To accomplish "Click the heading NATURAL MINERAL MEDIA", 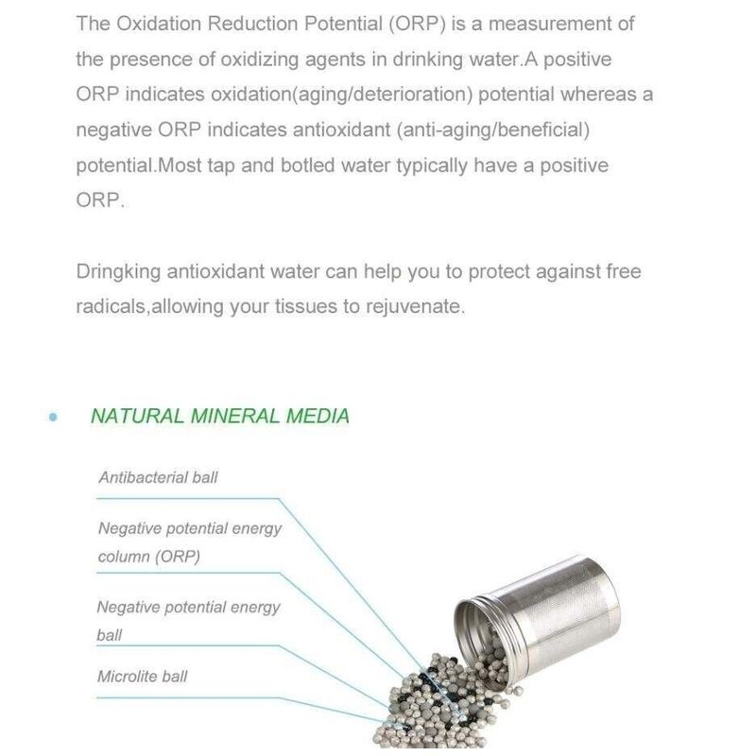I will tap(219, 416).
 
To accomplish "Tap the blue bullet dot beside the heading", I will tap(54, 417).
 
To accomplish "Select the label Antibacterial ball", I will tap(158, 477).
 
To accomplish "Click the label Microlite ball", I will tap(142, 676).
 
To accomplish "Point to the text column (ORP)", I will tap(149, 557).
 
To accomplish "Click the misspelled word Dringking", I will tap(118, 272).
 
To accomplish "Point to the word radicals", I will tap(112, 307).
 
